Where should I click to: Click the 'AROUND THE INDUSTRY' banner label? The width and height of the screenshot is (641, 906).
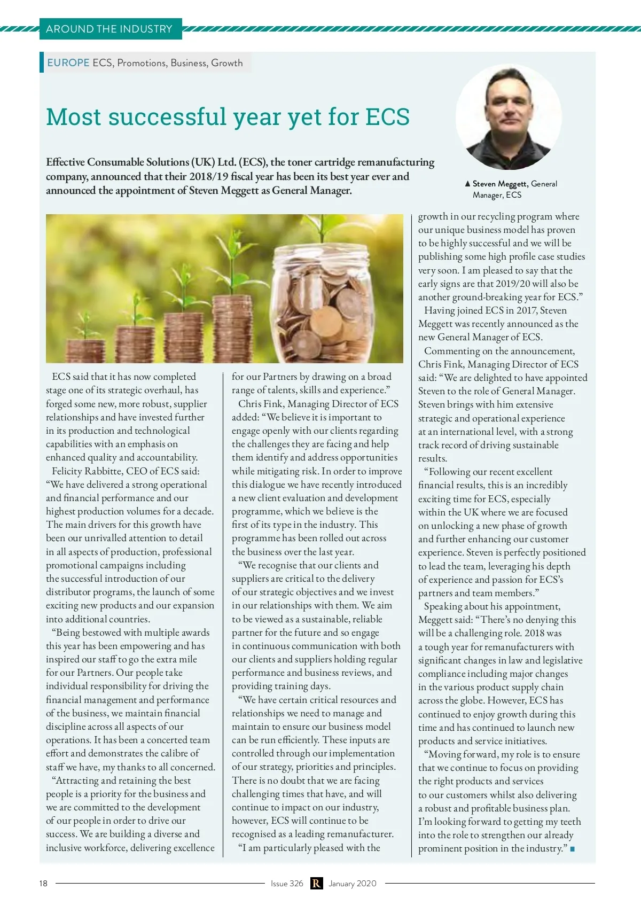110,29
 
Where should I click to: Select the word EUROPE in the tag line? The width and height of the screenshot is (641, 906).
68,63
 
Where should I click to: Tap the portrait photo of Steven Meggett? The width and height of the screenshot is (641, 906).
508,117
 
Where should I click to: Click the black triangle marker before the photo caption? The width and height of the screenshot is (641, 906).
467,184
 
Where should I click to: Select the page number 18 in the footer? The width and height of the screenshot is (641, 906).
43,884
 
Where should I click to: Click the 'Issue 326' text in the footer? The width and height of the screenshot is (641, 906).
287,884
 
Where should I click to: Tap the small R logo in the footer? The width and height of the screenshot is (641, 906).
316,884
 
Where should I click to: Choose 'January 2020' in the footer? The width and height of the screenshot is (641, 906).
353,884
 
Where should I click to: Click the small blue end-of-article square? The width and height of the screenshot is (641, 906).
573,849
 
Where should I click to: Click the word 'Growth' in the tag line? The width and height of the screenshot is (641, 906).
227,63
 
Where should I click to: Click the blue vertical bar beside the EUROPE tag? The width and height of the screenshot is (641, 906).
42,62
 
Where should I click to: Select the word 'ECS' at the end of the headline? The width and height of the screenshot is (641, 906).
387,117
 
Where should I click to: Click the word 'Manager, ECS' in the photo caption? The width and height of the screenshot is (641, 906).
497,195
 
